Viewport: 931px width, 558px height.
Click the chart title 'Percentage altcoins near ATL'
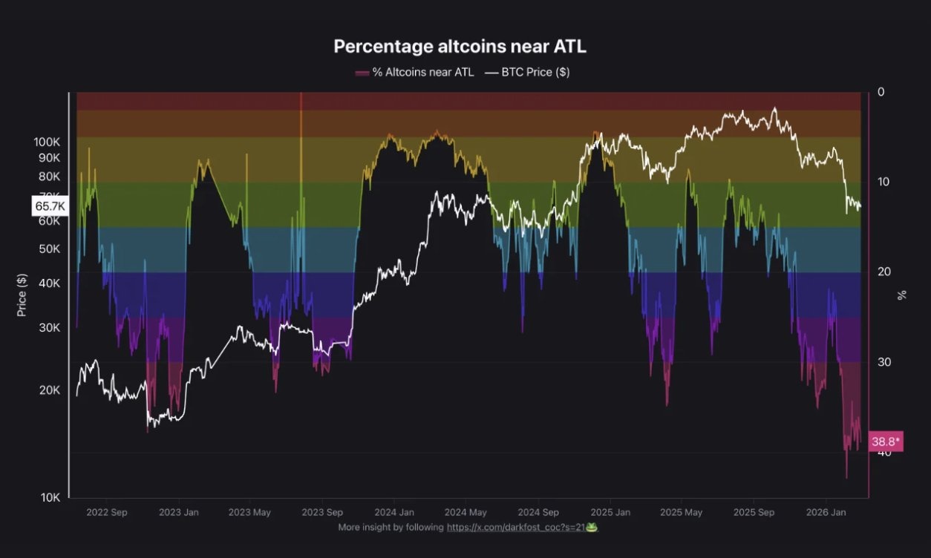pos(460,46)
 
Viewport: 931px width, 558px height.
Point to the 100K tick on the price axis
pos(48,142)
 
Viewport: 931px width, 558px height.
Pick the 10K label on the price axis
pos(49,497)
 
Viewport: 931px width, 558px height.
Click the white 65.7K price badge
pos(50,206)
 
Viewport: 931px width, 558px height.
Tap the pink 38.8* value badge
pos(885,442)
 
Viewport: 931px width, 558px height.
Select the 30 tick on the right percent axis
pos(884,362)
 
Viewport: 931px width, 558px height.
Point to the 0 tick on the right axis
pos(881,92)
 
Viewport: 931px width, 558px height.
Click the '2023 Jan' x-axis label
pos(179,512)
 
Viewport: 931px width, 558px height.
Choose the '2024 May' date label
pos(465,512)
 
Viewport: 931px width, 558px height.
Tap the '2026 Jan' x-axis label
pos(826,512)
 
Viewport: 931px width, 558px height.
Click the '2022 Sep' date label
pos(107,512)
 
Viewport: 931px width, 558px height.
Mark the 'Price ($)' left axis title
pos(22,295)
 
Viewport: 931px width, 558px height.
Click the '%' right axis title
pos(902,295)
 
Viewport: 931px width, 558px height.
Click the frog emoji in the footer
pos(592,527)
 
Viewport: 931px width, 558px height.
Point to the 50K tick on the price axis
pos(49,249)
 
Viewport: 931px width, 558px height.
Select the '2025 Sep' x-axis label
pos(754,512)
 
